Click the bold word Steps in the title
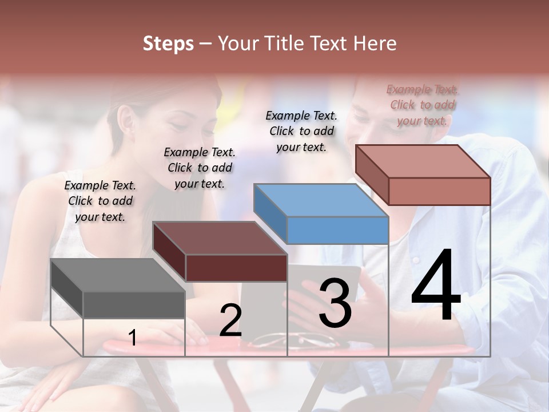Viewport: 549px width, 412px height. [x=168, y=43]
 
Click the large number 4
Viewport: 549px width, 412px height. [x=436, y=286]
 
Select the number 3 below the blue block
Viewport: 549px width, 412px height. [x=335, y=303]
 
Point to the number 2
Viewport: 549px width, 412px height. [x=230, y=320]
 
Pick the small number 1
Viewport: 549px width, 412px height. [x=133, y=338]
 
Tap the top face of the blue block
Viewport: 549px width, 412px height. [x=321, y=200]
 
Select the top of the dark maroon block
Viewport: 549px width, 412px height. [x=220, y=238]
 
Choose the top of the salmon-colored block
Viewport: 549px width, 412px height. [x=423, y=161]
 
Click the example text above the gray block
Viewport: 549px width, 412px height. [x=100, y=201]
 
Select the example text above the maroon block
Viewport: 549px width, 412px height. [x=200, y=168]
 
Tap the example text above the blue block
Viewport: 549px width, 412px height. [x=301, y=131]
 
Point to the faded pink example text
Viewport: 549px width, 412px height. [x=423, y=105]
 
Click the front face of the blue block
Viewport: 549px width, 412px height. [x=337, y=230]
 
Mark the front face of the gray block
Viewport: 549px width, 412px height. [x=134, y=304]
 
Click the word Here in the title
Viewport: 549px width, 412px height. [x=376, y=43]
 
